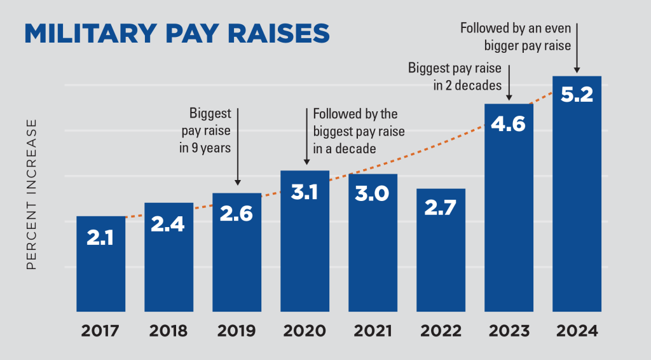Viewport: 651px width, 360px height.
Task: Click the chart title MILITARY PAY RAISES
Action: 177,33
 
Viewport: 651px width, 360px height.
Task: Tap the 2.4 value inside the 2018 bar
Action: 168,223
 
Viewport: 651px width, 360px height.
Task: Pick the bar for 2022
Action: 441,254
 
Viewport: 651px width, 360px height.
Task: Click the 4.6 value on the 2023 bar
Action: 509,123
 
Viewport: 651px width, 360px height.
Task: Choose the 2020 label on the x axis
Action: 305,331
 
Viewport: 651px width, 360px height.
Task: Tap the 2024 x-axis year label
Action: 577,331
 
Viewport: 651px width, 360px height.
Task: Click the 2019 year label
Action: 236,331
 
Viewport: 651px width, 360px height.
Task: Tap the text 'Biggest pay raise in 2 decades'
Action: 455,76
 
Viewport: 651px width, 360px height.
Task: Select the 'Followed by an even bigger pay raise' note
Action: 516,37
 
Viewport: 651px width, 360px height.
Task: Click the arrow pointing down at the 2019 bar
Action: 237,146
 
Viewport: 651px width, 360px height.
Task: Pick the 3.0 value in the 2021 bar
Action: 373,194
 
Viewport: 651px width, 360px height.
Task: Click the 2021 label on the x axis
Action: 373,331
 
